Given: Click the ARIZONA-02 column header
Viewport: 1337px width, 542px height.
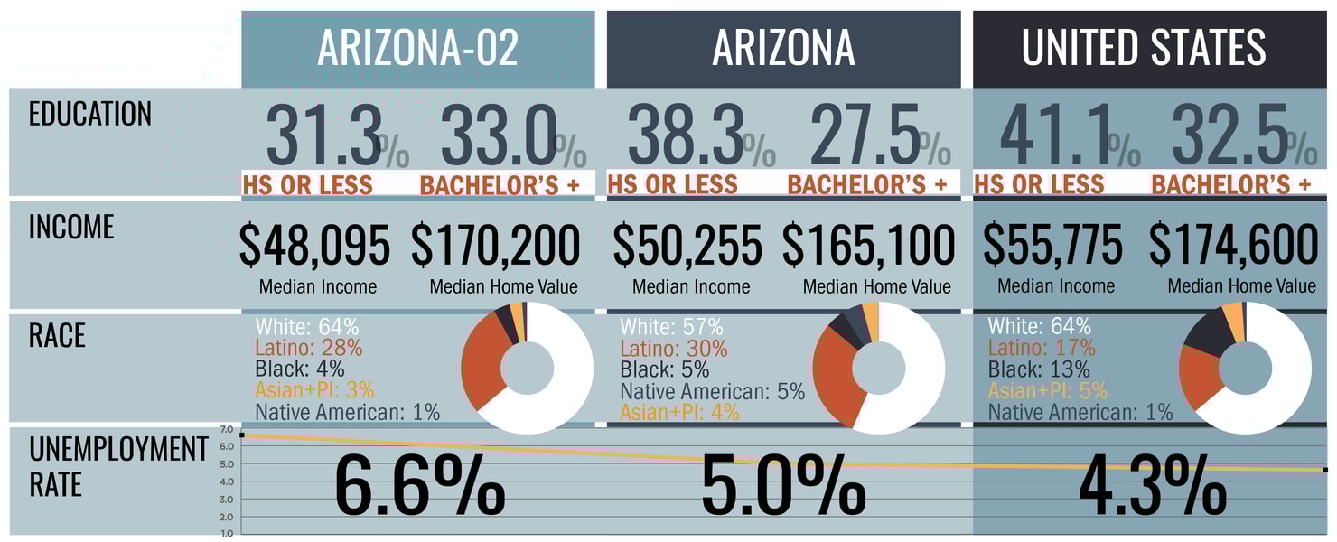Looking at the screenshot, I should pos(417,48).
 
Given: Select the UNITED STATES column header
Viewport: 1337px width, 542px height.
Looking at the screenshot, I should pos(1144,48).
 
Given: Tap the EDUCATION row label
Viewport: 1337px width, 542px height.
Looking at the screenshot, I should pos(90,115).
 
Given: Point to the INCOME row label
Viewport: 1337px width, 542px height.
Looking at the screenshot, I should pos(71,227).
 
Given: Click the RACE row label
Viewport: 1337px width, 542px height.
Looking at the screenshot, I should pos(57,335).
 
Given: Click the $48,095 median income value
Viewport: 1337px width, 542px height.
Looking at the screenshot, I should pos(315,246).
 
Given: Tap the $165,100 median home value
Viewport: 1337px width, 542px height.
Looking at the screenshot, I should pos(868,246).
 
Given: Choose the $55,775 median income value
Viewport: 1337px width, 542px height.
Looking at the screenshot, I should pos(1053,246).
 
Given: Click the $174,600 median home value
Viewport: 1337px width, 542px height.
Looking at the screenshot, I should pos(1234,246).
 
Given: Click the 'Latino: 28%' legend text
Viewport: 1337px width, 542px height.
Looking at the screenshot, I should pos(308,348).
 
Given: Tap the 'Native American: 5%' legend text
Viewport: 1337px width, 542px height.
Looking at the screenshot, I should pos(712,391).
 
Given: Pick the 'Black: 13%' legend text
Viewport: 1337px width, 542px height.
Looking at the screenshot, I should pos(1039,369).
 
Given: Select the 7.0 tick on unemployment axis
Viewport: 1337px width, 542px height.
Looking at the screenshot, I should pos(226,429).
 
